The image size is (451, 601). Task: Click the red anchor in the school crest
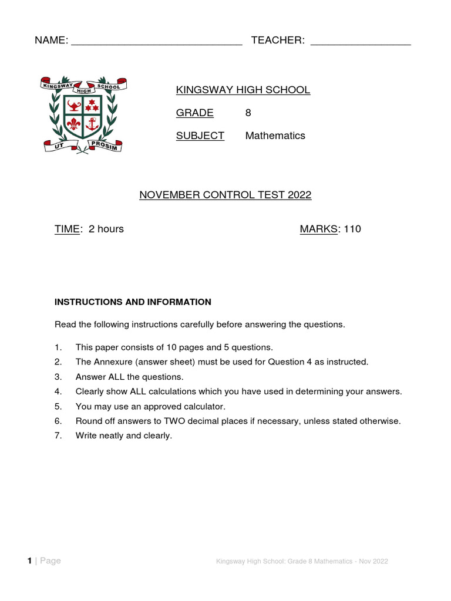coord(91,124)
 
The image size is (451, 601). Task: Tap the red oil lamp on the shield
coord(73,106)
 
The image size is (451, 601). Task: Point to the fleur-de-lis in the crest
coord(73,124)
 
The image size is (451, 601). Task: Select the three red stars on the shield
coord(91,106)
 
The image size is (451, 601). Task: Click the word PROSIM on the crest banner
coord(105,145)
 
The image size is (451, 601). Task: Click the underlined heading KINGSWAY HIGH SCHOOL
coord(243,90)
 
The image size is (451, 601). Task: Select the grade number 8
coord(248,113)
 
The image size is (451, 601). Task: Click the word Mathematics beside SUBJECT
coord(275,136)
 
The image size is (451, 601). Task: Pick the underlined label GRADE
coord(195,113)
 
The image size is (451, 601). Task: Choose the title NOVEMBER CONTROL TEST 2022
coord(225,195)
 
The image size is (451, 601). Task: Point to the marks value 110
coord(352,229)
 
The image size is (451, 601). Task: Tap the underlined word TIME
coord(67,229)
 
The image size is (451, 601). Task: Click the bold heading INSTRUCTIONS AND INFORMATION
coord(133,302)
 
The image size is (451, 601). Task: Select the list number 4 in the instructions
coord(58,391)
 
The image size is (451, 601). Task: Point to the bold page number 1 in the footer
coord(29,561)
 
